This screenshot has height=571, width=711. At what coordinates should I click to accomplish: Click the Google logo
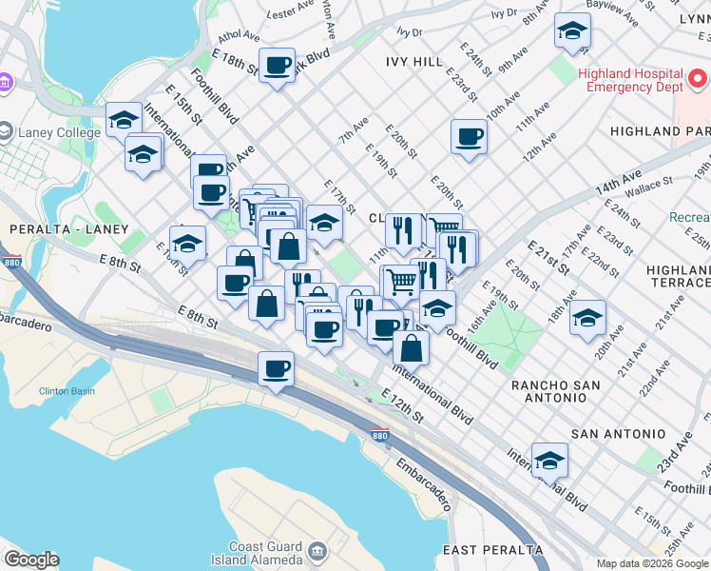pos(31,560)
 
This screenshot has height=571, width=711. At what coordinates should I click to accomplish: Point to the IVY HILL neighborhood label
pos(414,62)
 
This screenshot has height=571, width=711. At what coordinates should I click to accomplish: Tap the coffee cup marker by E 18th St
pos(277,66)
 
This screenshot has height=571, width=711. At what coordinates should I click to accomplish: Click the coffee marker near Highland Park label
pos(468,136)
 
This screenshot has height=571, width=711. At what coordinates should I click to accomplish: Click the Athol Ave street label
pos(238,37)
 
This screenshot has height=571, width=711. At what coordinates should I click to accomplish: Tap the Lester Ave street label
pos(291,12)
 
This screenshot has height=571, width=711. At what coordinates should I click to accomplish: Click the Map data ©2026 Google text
pos(652,563)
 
